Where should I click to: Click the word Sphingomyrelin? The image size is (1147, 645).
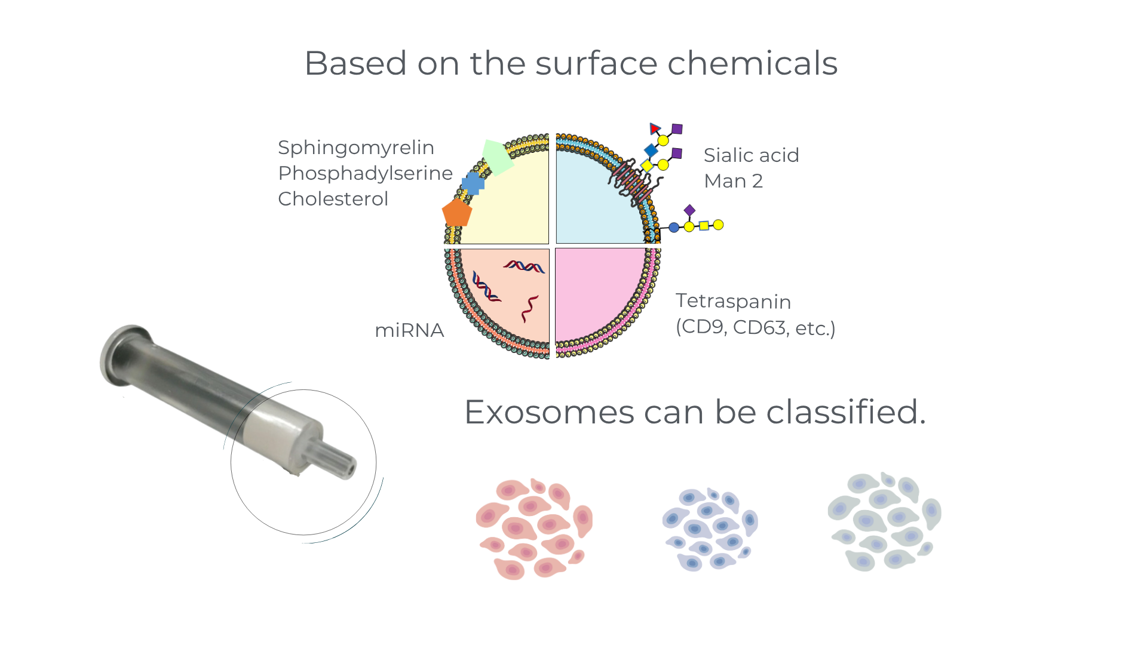[356, 148]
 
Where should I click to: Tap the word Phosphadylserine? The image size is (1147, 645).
[366, 174]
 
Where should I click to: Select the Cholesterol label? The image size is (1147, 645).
[333, 199]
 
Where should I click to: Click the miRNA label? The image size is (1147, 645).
[409, 330]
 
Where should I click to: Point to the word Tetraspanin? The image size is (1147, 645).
[734, 302]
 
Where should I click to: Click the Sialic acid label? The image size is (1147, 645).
[752, 155]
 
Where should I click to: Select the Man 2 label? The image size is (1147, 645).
[734, 181]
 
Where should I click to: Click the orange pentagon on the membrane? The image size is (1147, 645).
[457, 213]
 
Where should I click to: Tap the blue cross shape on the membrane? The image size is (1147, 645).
[473, 183]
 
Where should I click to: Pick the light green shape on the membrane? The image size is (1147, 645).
[498, 157]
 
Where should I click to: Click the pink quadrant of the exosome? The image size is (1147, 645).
[601, 295]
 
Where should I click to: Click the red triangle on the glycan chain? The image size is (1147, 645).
[655, 128]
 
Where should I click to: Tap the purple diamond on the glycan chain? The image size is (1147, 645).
[689, 210]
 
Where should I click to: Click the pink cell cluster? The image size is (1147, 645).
[534, 529]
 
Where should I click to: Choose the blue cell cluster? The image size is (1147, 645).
[710, 529]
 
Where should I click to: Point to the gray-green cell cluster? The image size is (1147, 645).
[884, 522]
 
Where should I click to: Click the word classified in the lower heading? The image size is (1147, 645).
[847, 412]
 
